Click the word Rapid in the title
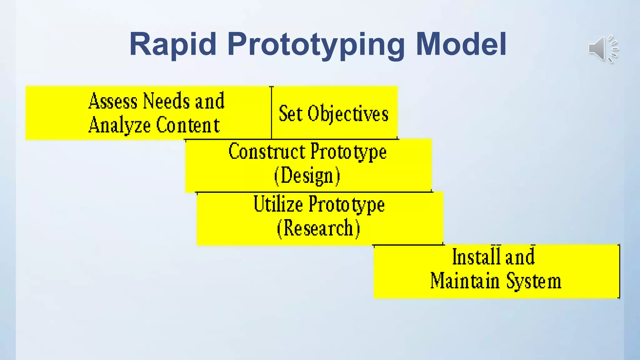pos(173,44)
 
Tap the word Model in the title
pos(461,44)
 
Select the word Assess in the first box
pos(113,101)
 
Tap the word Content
pos(187,125)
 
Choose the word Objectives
pos(348,114)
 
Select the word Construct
pos(267,152)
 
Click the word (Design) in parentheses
pos(307,176)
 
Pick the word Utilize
pos(278,204)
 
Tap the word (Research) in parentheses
pos(318,228)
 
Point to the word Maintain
pos(465,281)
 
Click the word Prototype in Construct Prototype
pos(348,152)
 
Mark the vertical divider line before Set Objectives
pos(271,112)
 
